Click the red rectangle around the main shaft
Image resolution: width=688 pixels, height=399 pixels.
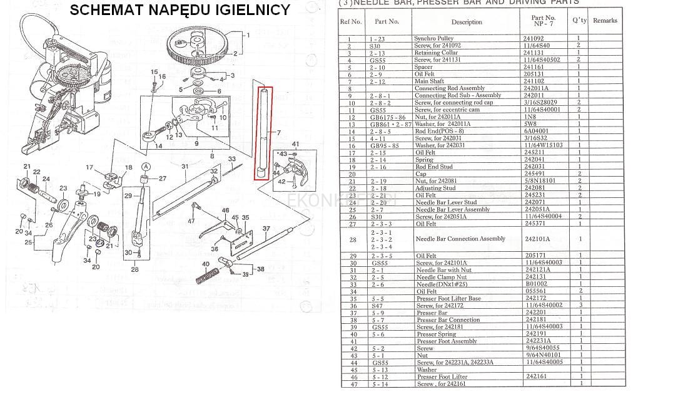click(x=263, y=133)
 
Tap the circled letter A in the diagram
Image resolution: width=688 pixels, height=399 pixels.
click(x=146, y=167)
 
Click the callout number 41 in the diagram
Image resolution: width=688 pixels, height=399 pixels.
click(x=295, y=144)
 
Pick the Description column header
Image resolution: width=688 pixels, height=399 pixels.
click(x=467, y=22)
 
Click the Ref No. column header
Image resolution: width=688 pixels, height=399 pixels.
click(x=350, y=21)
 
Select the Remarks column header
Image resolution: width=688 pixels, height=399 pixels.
click(x=605, y=21)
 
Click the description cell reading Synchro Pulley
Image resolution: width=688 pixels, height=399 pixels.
click(x=433, y=39)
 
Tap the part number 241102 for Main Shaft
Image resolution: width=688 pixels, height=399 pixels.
click(x=534, y=81)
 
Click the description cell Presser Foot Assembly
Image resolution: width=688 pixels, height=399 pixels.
click(x=447, y=341)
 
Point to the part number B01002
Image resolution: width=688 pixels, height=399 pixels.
click(x=536, y=284)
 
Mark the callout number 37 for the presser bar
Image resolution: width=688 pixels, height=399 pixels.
click(x=266, y=229)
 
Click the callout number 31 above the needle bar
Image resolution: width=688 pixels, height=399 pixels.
click(x=185, y=167)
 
